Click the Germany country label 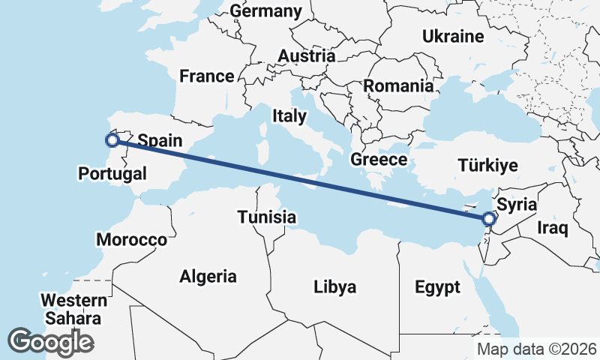pyautogui.click(x=265, y=11)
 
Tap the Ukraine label pyautogui.click(x=453, y=36)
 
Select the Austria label pyautogui.click(x=306, y=55)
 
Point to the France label pyautogui.click(x=206, y=76)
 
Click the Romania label pyautogui.click(x=398, y=85)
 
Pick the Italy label pyautogui.click(x=289, y=115)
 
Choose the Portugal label pyautogui.click(x=112, y=174)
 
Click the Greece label pyautogui.click(x=379, y=159)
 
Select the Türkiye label pyautogui.click(x=487, y=166)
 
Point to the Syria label pyautogui.click(x=517, y=203)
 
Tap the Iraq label pyautogui.click(x=553, y=227)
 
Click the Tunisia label pyautogui.click(x=266, y=217)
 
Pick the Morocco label pyautogui.click(x=132, y=240)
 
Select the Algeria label pyautogui.click(x=208, y=276)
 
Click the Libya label pyautogui.click(x=334, y=286)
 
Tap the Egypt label pyautogui.click(x=436, y=286)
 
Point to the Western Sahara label pyautogui.click(x=73, y=309)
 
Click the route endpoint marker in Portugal pyautogui.click(x=112, y=139)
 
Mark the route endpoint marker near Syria pyautogui.click(x=489, y=219)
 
